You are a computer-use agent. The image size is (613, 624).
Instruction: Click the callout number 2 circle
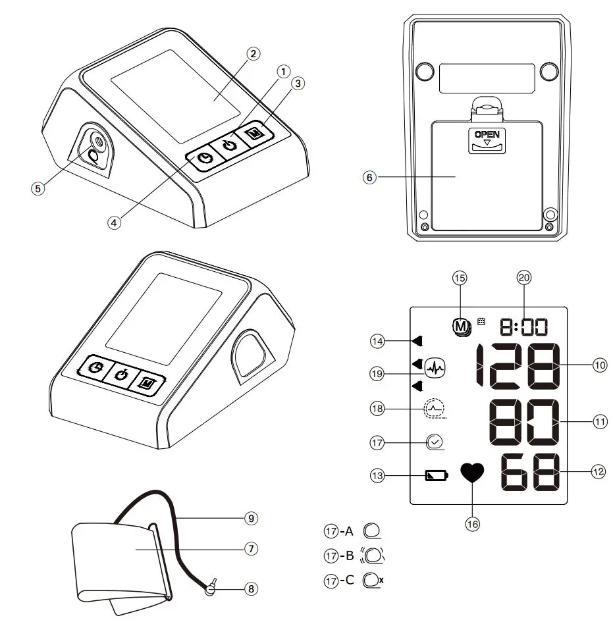point(252,54)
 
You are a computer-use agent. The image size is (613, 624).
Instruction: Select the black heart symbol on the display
point(472,474)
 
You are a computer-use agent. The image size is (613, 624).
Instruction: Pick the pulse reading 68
point(531,473)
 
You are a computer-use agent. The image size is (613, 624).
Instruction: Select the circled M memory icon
point(460,325)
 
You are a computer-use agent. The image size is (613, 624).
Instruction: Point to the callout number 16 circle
point(472,524)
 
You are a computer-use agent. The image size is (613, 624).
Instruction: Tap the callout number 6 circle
point(371,177)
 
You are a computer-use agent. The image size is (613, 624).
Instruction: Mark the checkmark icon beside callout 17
point(435,442)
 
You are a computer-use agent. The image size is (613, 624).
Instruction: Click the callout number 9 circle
point(250,518)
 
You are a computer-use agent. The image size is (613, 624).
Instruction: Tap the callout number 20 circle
point(523,278)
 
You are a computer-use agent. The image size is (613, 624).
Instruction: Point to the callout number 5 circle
point(38,188)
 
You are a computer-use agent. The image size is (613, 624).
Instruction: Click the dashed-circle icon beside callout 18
point(434,410)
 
